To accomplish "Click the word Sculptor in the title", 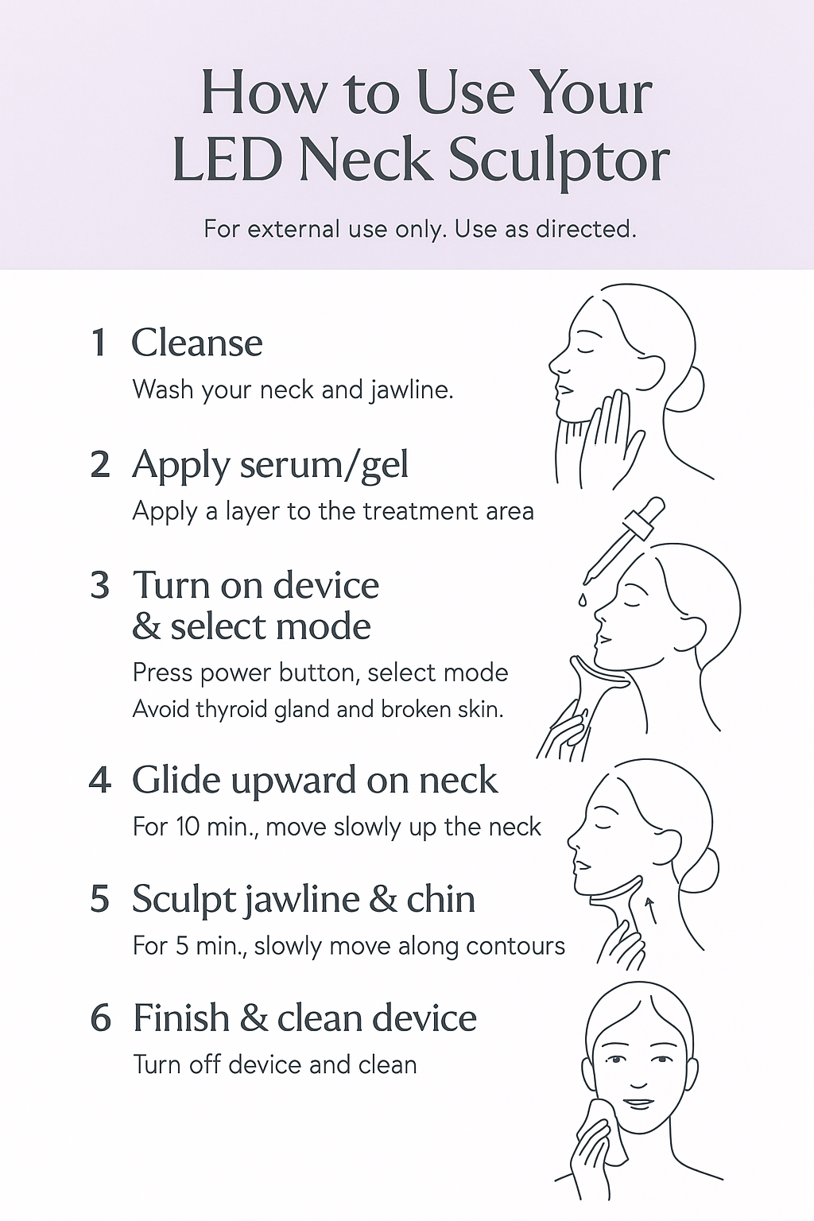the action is pyautogui.click(x=558, y=163).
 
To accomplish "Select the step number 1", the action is pyautogui.click(x=99, y=343).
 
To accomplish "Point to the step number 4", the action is pyautogui.click(x=100, y=781).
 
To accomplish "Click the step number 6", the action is pyautogui.click(x=100, y=1017).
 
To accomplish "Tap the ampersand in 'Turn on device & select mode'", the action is pyautogui.click(x=146, y=627).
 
